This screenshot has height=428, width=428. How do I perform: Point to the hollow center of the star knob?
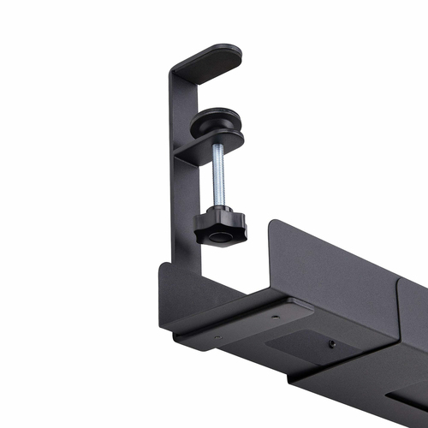[219, 236]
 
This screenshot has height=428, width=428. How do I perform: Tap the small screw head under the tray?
[331, 343]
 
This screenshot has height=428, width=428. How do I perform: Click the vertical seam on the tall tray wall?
[398, 300]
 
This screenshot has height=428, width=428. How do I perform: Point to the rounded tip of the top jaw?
[235, 53]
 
